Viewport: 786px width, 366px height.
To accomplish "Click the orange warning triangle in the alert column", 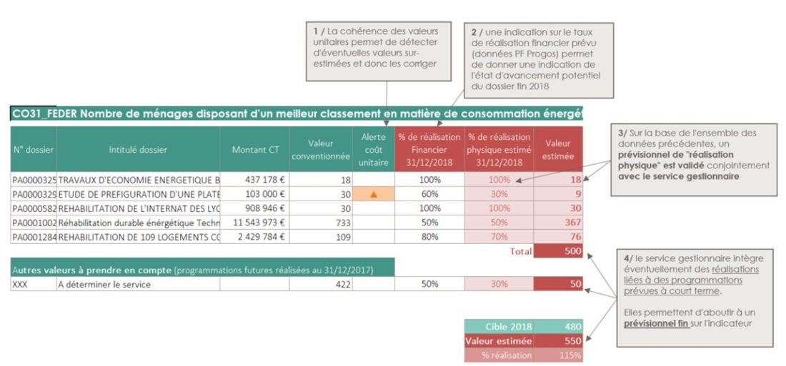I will (373, 194).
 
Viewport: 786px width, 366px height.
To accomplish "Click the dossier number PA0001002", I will (33, 223).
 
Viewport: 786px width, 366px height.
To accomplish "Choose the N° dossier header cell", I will (33, 150).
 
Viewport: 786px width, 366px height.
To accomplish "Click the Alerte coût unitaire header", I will (373, 150).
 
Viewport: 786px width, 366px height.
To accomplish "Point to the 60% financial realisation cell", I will (429, 194).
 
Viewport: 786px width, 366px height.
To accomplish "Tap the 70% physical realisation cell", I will (499, 237).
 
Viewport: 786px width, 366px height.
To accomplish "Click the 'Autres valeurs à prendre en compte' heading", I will (91, 270).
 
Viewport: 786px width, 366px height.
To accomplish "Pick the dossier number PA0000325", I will (33, 180).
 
